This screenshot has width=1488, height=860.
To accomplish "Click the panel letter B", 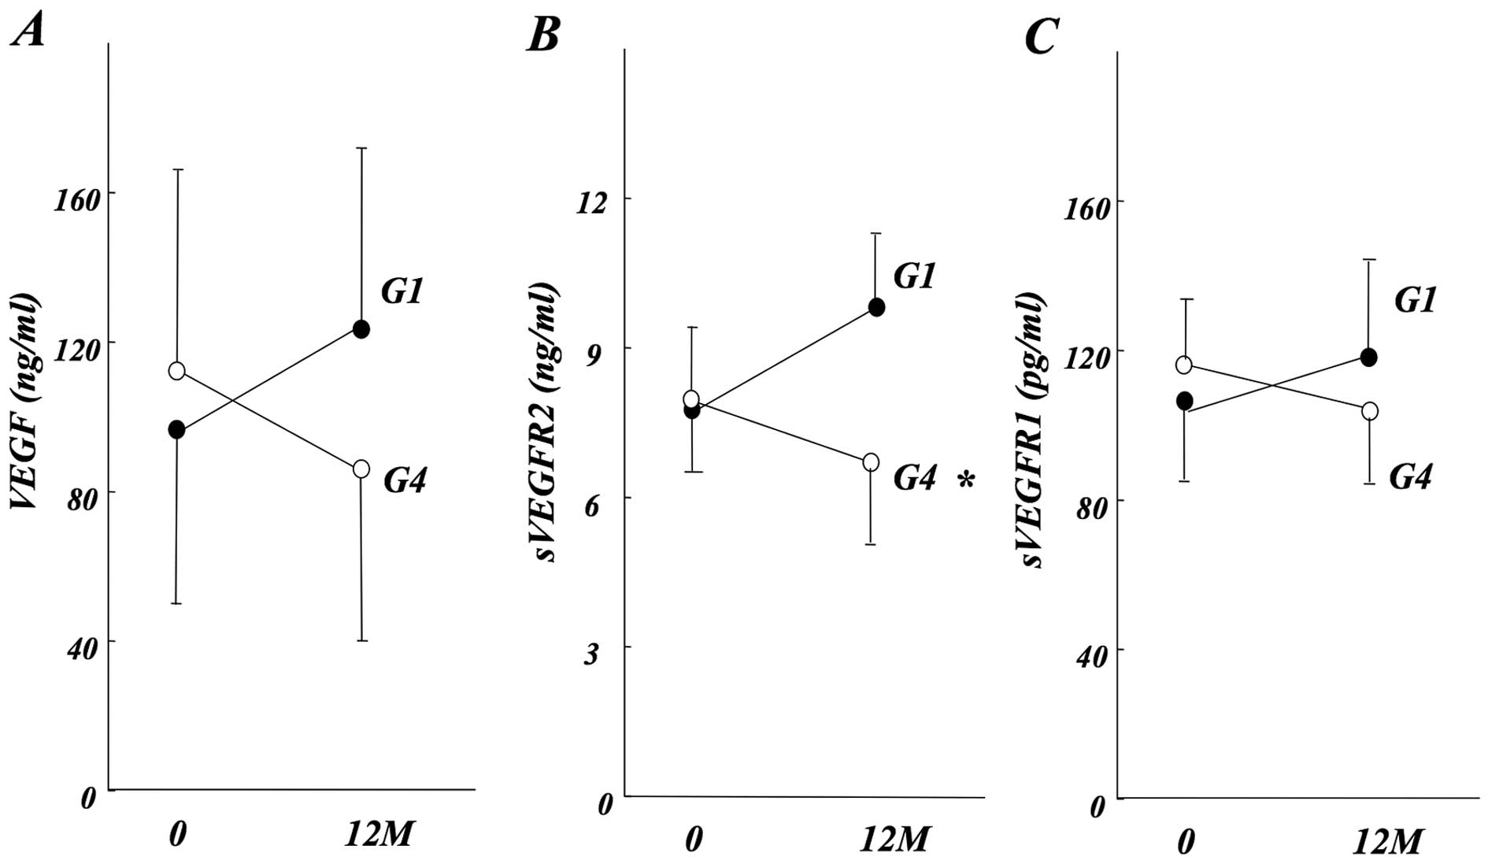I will (543, 35).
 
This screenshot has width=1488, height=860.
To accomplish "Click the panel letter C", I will (1041, 35).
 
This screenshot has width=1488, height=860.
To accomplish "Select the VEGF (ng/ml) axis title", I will (25, 401).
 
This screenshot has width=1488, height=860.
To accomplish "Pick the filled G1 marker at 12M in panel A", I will (361, 329).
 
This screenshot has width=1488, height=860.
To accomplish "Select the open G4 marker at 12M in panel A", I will (361, 469).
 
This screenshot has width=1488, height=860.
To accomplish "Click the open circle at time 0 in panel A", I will (176, 370).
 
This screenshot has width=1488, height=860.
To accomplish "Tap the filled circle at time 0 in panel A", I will (176, 430).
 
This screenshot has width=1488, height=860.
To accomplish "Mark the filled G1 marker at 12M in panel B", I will (876, 307).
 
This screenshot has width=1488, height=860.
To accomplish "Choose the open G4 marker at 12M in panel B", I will (871, 462).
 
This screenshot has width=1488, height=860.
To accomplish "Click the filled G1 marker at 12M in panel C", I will (1369, 358).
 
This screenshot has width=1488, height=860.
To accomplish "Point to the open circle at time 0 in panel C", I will (1183, 365).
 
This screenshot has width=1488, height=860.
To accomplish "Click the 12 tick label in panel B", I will (591, 203).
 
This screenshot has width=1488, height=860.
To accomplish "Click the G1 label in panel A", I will (402, 292).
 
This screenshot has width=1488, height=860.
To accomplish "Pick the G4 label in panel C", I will (1410, 477).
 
